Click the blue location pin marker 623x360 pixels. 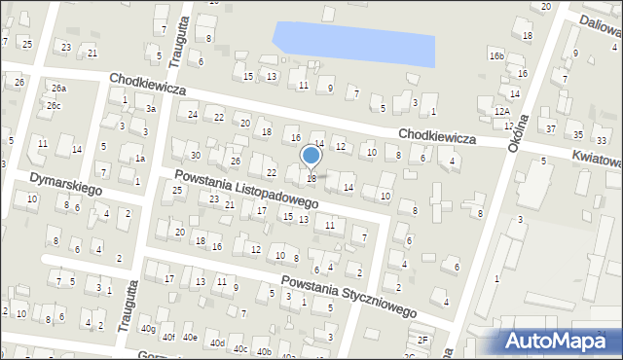(x=311, y=157)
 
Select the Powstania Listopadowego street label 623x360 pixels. (x=247, y=189)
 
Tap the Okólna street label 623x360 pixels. (x=518, y=131)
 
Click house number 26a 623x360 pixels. (x=59, y=89)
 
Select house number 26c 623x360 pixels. (x=54, y=106)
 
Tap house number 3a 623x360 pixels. (x=151, y=109)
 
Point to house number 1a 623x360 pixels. (x=140, y=159)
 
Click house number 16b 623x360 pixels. (x=497, y=56)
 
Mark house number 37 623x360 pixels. (x=551, y=128)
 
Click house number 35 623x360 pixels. (x=577, y=134)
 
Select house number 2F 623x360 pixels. (x=422, y=340)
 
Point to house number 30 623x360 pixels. (x=195, y=156)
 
